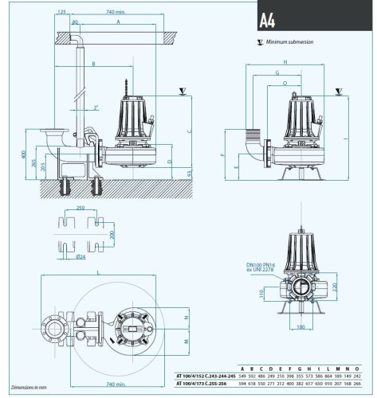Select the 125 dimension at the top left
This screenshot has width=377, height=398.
coord(61,13)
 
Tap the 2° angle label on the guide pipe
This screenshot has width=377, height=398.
coord(96,107)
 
